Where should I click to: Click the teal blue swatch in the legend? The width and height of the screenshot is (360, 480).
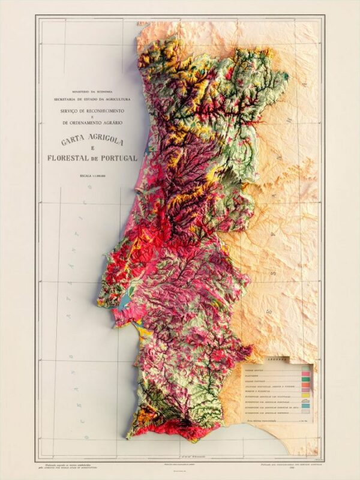click(x=305, y=406)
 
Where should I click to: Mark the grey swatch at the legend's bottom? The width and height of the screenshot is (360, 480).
click(x=305, y=412)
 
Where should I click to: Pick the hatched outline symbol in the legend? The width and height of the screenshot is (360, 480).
click(x=305, y=400)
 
